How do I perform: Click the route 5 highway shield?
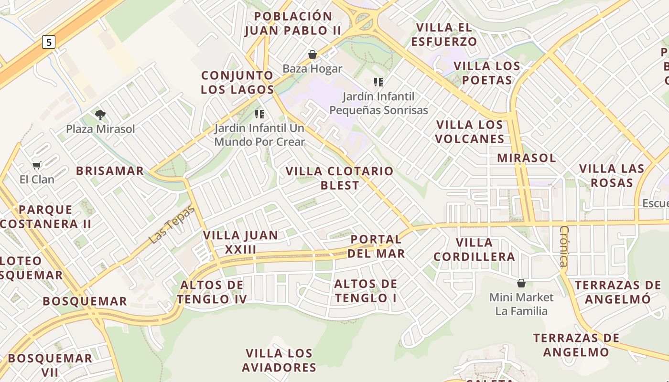tap(48, 42)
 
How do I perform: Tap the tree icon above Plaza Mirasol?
tap(100, 115)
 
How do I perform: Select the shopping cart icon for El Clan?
tap(36, 165)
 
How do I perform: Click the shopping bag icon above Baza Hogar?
tap(313, 54)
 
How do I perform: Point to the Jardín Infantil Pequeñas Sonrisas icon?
tap(378, 82)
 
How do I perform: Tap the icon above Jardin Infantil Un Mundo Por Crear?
tap(259, 114)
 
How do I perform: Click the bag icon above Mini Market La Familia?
tap(521, 283)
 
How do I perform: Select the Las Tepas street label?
tap(172, 224)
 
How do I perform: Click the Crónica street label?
tap(564, 246)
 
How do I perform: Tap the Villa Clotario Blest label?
tap(339, 178)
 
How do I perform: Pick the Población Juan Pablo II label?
tap(293, 23)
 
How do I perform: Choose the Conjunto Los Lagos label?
tap(237, 82)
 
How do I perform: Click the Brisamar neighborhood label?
tap(110, 171)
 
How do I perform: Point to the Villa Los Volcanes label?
tap(470, 132)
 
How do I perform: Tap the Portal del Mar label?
tap(376, 246)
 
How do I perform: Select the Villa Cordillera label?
tap(474, 249)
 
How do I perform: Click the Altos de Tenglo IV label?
tap(212, 292)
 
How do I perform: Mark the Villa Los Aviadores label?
tap(279, 360)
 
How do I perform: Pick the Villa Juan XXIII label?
tap(240, 242)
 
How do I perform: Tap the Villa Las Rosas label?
tap(612, 175)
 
